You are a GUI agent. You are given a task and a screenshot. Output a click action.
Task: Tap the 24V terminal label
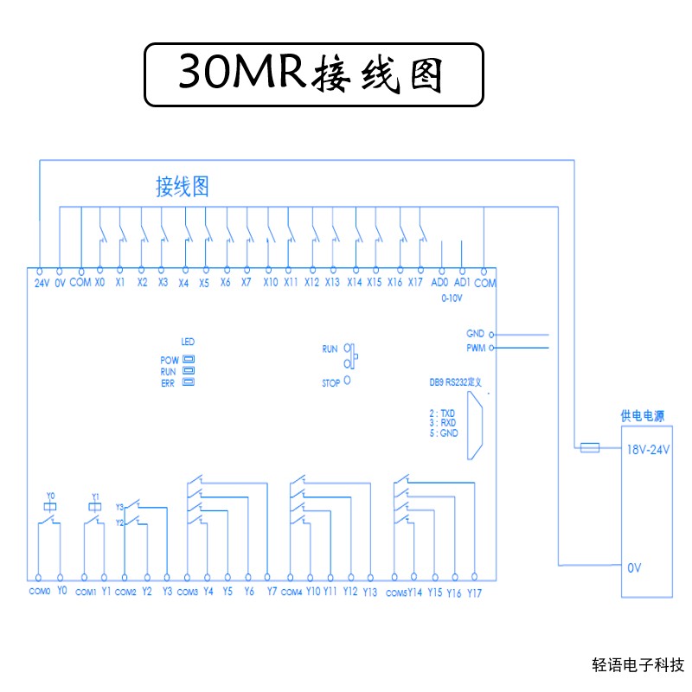[x=42, y=283]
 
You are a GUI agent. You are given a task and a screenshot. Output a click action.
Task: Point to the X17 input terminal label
[x=416, y=283]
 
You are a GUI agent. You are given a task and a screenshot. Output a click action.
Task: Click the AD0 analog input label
[x=439, y=283]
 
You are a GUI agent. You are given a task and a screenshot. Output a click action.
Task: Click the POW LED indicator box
[x=188, y=359]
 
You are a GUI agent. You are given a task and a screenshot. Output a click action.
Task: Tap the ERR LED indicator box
[x=188, y=381]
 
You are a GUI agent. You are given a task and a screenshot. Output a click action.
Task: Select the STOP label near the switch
[x=330, y=381]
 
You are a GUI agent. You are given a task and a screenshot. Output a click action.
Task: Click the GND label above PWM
[x=475, y=334]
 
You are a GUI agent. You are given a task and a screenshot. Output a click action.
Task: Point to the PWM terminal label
[x=475, y=348]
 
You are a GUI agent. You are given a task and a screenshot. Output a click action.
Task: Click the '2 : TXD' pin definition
[x=443, y=413]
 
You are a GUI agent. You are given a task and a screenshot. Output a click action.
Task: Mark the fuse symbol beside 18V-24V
[x=589, y=447]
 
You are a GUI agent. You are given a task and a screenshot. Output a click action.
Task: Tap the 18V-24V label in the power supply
[x=647, y=449]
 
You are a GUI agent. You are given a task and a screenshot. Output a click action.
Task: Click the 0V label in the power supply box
[x=634, y=567]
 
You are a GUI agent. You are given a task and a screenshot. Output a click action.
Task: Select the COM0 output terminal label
[x=40, y=592]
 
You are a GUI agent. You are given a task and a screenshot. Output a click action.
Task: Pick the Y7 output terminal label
[x=272, y=592]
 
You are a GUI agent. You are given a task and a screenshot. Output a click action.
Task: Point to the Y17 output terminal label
[x=474, y=593]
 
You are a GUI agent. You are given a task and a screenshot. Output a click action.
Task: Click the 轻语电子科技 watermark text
[x=638, y=665]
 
